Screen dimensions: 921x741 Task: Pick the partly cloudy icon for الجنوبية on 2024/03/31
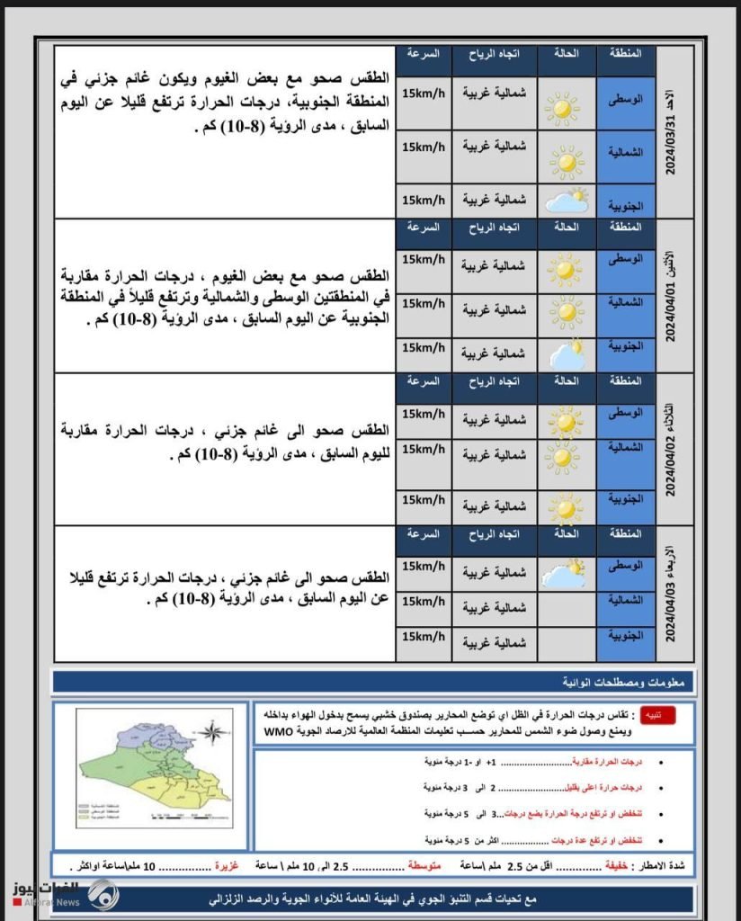click(567, 201)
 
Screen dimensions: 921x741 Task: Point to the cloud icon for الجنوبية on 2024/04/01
click(567, 353)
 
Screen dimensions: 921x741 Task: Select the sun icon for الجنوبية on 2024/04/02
click(566, 508)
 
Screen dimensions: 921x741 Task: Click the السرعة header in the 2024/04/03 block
click(424, 534)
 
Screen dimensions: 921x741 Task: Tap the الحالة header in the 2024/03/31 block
click(567, 54)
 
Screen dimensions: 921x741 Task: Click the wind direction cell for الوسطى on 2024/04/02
click(495, 419)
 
